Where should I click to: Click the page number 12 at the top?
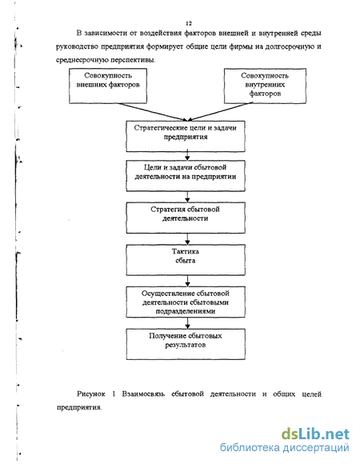(189, 23)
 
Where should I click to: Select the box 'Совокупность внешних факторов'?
(108, 86)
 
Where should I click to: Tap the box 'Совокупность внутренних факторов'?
(265, 86)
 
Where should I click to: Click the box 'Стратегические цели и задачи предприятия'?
(186, 137)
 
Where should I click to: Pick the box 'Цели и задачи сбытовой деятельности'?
(186, 176)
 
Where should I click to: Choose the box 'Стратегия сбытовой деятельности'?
(186, 218)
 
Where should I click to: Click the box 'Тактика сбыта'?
(186, 260)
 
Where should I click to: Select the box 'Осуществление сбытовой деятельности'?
(186, 302)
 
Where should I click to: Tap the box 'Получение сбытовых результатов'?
(186, 344)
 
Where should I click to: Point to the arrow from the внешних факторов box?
(153, 112)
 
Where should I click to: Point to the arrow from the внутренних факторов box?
(220, 111)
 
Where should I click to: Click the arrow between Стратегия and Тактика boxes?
(187, 239)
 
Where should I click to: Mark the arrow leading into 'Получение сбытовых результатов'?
(187, 323)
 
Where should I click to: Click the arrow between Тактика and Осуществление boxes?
(187, 281)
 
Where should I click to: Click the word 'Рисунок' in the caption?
(91, 394)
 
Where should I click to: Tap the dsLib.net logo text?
(315, 434)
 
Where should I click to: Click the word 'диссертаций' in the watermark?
(316, 448)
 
